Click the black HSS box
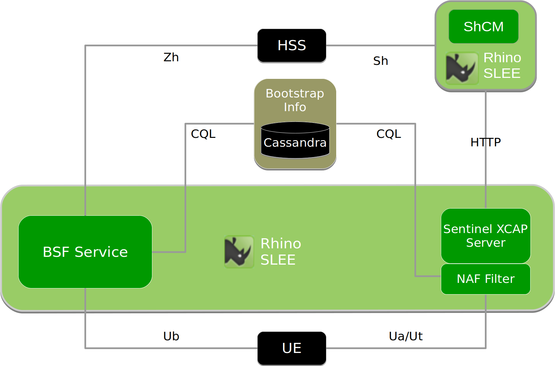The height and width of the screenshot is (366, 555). pos(292,46)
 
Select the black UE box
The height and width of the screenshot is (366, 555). pos(292,348)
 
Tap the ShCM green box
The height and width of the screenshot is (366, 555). pos(483,27)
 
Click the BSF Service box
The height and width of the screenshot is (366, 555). pos(85,252)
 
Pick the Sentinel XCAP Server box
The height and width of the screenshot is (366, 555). pos(486,236)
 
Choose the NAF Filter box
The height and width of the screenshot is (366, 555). pos(486,279)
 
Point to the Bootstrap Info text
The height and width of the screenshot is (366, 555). pos(295,100)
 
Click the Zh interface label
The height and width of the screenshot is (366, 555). pos(171,57)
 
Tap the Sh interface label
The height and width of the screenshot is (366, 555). pos(381,61)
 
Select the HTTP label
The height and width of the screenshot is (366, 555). pos(485,142)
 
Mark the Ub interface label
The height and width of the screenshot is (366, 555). pos(171,336)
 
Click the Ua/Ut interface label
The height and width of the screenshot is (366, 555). pos(406,336)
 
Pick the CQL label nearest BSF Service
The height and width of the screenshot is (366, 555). pos(203,134)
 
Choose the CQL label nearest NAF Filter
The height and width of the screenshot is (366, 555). pos(388,134)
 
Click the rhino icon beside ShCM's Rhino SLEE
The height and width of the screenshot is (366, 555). pos(462,68)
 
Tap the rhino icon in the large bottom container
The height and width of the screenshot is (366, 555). pos(239,252)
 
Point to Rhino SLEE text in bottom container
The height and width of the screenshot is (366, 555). pos(280,252)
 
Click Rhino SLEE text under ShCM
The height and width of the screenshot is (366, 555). pos(502,66)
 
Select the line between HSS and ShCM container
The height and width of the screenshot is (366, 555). pos(380,46)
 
